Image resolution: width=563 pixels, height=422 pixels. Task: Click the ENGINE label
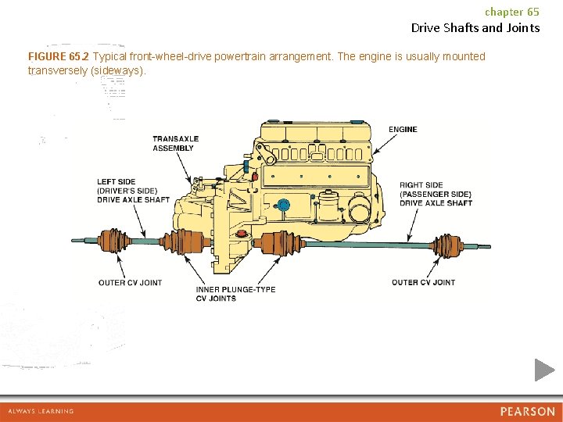click(x=403, y=129)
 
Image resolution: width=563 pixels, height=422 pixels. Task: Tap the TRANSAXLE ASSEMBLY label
click(x=175, y=144)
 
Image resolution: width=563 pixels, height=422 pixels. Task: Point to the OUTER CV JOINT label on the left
click(x=130, y=282)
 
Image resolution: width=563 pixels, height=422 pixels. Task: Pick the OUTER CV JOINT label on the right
click(x=423, y=282)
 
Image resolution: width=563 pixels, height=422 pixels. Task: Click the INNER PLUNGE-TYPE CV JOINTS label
click(x=235, y=294)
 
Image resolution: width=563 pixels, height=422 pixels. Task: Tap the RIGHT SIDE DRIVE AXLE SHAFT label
click(x=436, y=195)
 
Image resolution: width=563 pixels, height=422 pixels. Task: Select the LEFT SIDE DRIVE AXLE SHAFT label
click(x=133, y=191)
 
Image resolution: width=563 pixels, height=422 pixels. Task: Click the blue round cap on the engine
click(x=284, y=206)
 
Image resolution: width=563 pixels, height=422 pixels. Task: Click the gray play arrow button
click(x=544, y=370)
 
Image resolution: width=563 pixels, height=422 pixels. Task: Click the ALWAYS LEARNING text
click(x=41, y=411)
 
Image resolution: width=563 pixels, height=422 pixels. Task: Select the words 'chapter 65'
click(x=511, y=12)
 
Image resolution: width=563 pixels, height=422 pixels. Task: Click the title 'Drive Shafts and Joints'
click(x=475, y=28)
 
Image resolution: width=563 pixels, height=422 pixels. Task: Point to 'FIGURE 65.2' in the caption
click(x=59, y=57)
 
